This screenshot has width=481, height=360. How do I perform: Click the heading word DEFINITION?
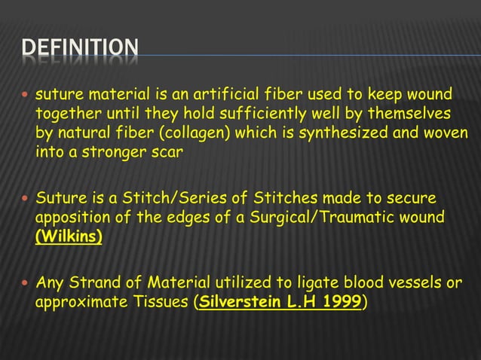pos(80,52)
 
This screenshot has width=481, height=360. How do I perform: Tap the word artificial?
pos(206,95)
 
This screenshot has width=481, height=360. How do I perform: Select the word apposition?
pos(69,218)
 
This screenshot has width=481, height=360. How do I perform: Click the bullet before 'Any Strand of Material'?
pos(25,284)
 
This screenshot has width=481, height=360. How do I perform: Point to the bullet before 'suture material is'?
pos(25,96)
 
